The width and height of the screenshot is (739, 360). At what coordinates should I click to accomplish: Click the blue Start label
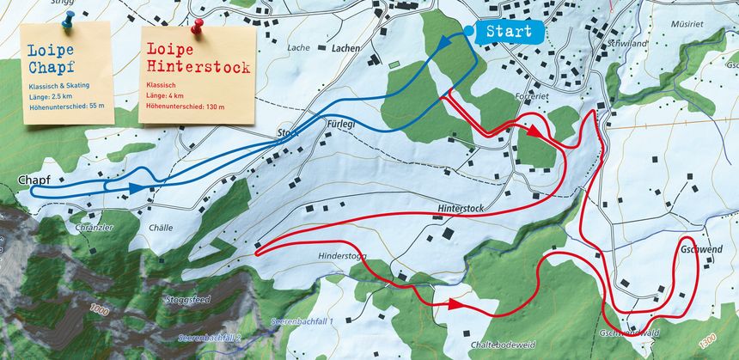509,32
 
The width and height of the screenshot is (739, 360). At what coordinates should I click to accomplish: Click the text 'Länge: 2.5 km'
52,95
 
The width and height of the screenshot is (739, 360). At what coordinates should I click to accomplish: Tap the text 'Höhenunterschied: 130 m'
185,107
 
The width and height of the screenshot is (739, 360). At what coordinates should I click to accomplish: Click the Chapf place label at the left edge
34,180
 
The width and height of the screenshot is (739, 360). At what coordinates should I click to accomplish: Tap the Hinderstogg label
342,255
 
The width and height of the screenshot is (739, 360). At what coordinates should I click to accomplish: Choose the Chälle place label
161,228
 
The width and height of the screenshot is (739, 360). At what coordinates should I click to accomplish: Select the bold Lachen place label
345,49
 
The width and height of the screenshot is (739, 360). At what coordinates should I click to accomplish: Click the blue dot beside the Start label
467,31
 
